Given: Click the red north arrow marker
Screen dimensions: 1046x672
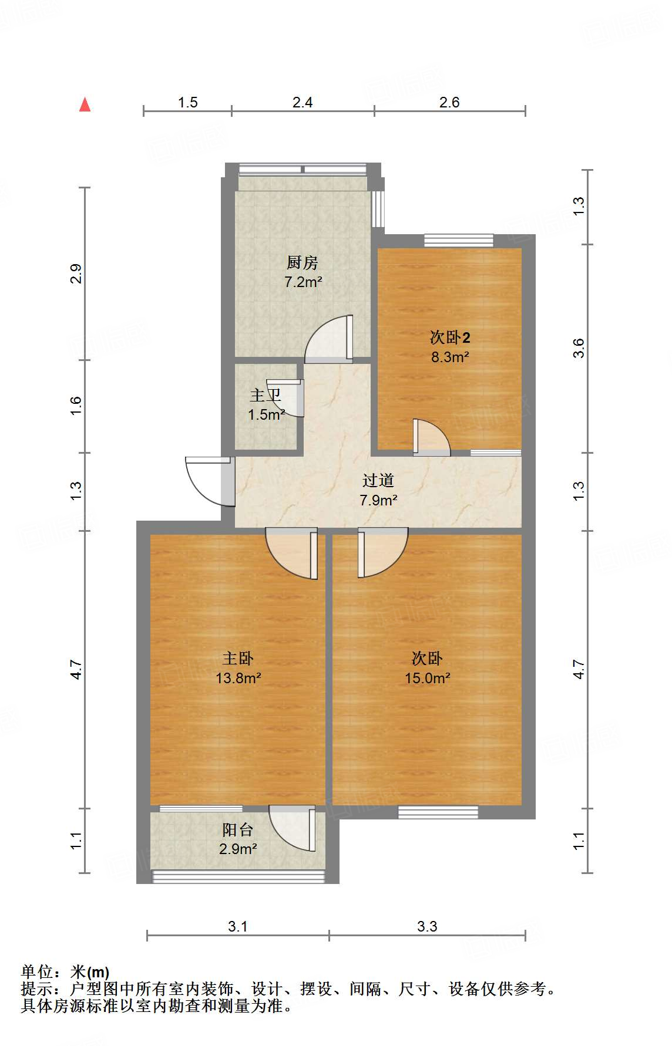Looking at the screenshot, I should coord(85,104).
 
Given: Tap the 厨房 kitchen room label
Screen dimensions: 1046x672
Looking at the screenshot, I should coord(303,262).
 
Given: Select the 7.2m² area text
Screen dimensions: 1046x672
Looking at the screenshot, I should coord(303,282).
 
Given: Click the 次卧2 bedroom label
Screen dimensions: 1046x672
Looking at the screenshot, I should coord(450,338).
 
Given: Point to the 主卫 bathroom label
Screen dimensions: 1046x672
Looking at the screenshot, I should coord(266,395).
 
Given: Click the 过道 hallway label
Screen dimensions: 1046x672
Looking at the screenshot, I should coord(378,481).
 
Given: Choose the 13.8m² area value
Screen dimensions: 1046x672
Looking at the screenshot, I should coord(238,678).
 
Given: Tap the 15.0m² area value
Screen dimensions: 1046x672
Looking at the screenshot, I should coord(427,678).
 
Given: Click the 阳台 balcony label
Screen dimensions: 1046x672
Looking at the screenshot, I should coord(237,829).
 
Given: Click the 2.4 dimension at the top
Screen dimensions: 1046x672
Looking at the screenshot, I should coord(303,102).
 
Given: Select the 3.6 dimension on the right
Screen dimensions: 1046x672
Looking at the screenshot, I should coord(579,348).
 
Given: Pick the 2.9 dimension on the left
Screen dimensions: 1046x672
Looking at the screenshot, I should coord(76,274).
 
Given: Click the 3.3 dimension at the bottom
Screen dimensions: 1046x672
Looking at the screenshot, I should coord(427,926).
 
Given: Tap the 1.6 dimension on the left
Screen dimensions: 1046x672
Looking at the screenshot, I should coord(76,406).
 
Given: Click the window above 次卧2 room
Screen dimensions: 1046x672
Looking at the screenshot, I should coord(458,239).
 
